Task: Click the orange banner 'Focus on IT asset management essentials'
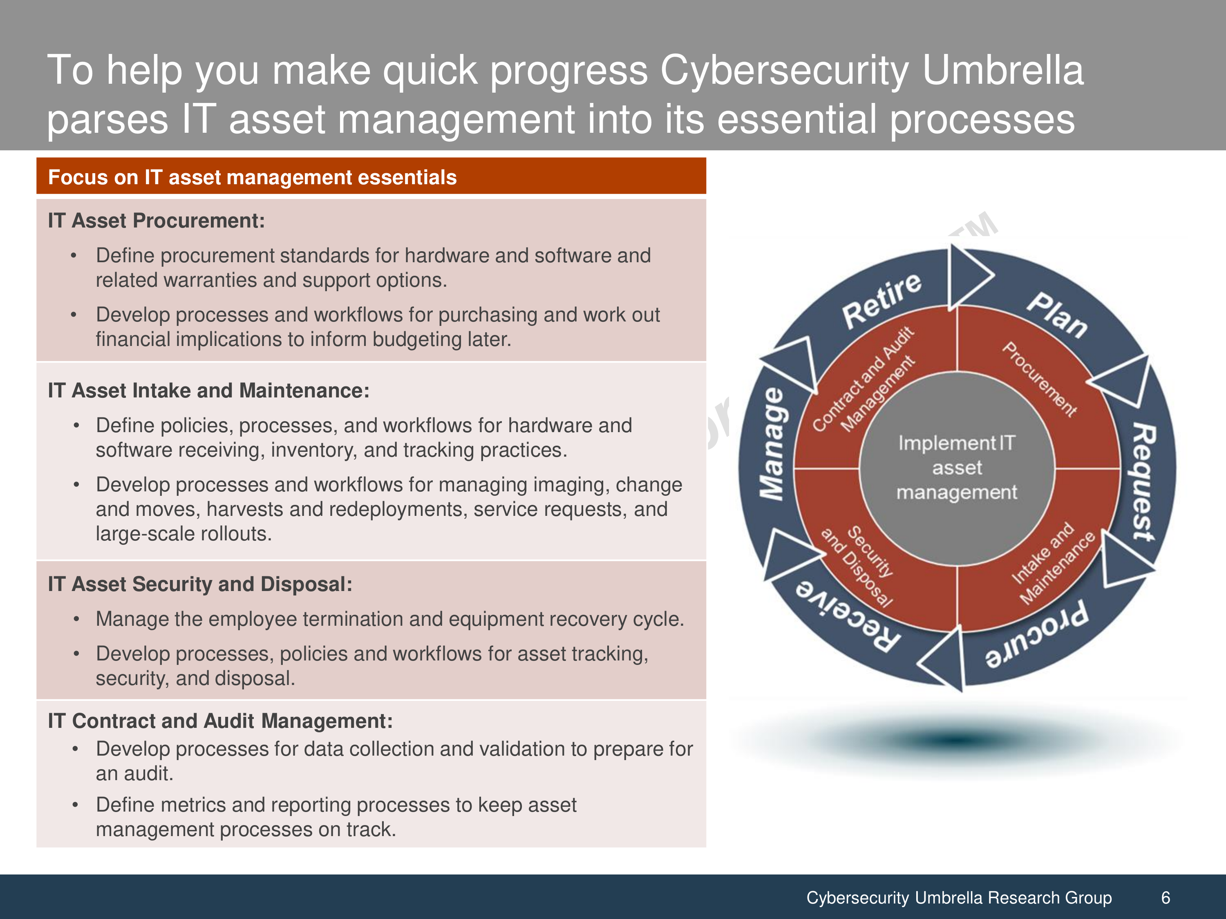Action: click(x=371, y=176)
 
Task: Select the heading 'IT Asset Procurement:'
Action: click(x=156, y=221)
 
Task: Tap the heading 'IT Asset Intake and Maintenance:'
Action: click(x=208, y=390)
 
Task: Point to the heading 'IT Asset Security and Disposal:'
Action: click(x=200, y=584)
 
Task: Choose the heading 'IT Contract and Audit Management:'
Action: click(x=220, y=720)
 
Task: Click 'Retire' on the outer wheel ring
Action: click(x=881, y=301)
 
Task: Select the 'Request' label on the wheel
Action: click(x=1144, y=482)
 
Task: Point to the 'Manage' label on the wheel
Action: click(x=772, y=443)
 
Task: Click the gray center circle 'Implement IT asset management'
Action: click(x=957, y=468)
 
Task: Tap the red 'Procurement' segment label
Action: click(x=1040, y=379)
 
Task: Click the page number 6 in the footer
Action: click(x=1166, y=897)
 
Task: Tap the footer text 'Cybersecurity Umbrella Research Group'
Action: click(x=959, y=898)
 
